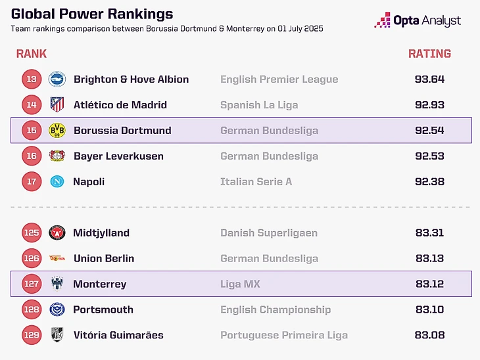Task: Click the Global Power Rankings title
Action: pos(92,14)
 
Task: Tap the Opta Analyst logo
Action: pos(418,20)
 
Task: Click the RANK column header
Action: pos(31,54)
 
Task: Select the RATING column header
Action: pos(429,54)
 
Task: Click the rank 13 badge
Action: pos(32,79)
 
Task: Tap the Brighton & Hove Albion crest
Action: pos(57,79)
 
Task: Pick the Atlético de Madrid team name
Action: pos(120,105)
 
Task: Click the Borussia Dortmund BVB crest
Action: pos(57,130)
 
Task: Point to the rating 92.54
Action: pos(429,130)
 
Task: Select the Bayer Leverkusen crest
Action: pos(57,156)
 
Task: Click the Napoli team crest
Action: pos(57,182)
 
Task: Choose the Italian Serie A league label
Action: pos(256,182)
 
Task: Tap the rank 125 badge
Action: pos(32,233)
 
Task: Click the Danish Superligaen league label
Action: pos(269,233)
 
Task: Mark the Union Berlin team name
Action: pos(104,258)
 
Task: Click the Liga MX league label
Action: pos(240,284)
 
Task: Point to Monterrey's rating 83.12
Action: pos(429,284)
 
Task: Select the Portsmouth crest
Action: pos(57,309)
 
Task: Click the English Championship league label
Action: pos(276,310)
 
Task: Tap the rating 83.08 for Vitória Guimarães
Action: pos(429,335)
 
